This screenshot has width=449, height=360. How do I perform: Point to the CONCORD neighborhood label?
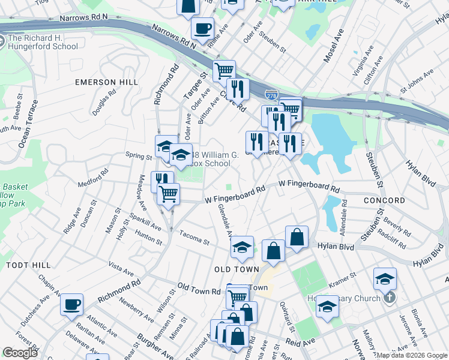(384, 200)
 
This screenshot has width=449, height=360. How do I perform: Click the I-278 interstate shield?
(271, 94)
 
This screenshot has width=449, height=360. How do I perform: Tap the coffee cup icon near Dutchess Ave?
(72, 304)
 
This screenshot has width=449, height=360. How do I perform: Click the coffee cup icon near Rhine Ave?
(202, 28)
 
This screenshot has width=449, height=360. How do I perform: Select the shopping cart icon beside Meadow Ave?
(169, 194)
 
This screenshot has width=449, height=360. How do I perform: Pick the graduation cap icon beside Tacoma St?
(242, 247)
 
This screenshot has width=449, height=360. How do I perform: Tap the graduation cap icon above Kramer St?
(385, 278)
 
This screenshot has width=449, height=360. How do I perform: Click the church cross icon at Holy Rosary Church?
(389, 298)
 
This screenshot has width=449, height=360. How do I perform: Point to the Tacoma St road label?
(193, 239)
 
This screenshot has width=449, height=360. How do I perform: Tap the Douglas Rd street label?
(104, 104)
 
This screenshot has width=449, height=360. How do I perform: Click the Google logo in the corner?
(20, 353)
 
